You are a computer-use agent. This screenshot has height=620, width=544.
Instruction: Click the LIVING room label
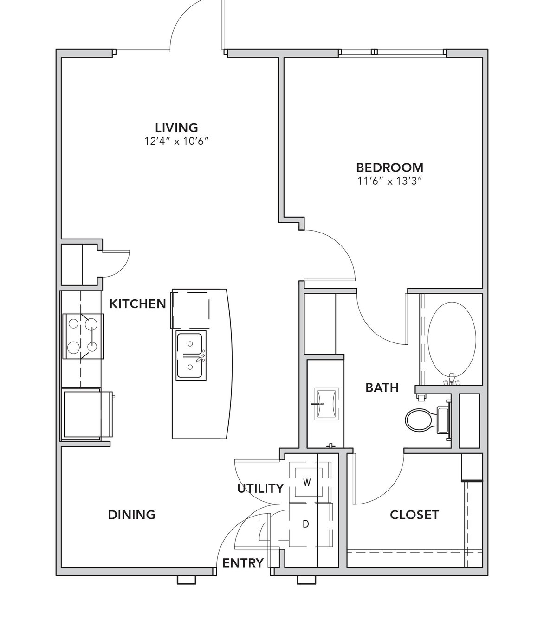click(176, 127)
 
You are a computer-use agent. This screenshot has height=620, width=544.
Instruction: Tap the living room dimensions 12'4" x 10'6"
click(177, 141)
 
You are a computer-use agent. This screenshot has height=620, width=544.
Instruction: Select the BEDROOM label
click(390, 168)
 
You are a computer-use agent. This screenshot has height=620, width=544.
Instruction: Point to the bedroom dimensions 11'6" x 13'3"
click(390, 181)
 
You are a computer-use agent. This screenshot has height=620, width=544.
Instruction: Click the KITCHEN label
click(138, 304)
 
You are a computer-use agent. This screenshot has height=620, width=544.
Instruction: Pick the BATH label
click(382, 387)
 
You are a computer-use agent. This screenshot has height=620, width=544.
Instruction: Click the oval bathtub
click(452, 339)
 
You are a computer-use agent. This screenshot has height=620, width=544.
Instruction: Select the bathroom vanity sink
click(326, 404)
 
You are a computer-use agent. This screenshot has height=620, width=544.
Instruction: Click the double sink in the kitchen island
click(191, 355)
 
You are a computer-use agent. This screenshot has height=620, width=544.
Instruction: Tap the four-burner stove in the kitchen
click(83, 336)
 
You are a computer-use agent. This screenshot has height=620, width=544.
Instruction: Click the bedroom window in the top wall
click(393, 52)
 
